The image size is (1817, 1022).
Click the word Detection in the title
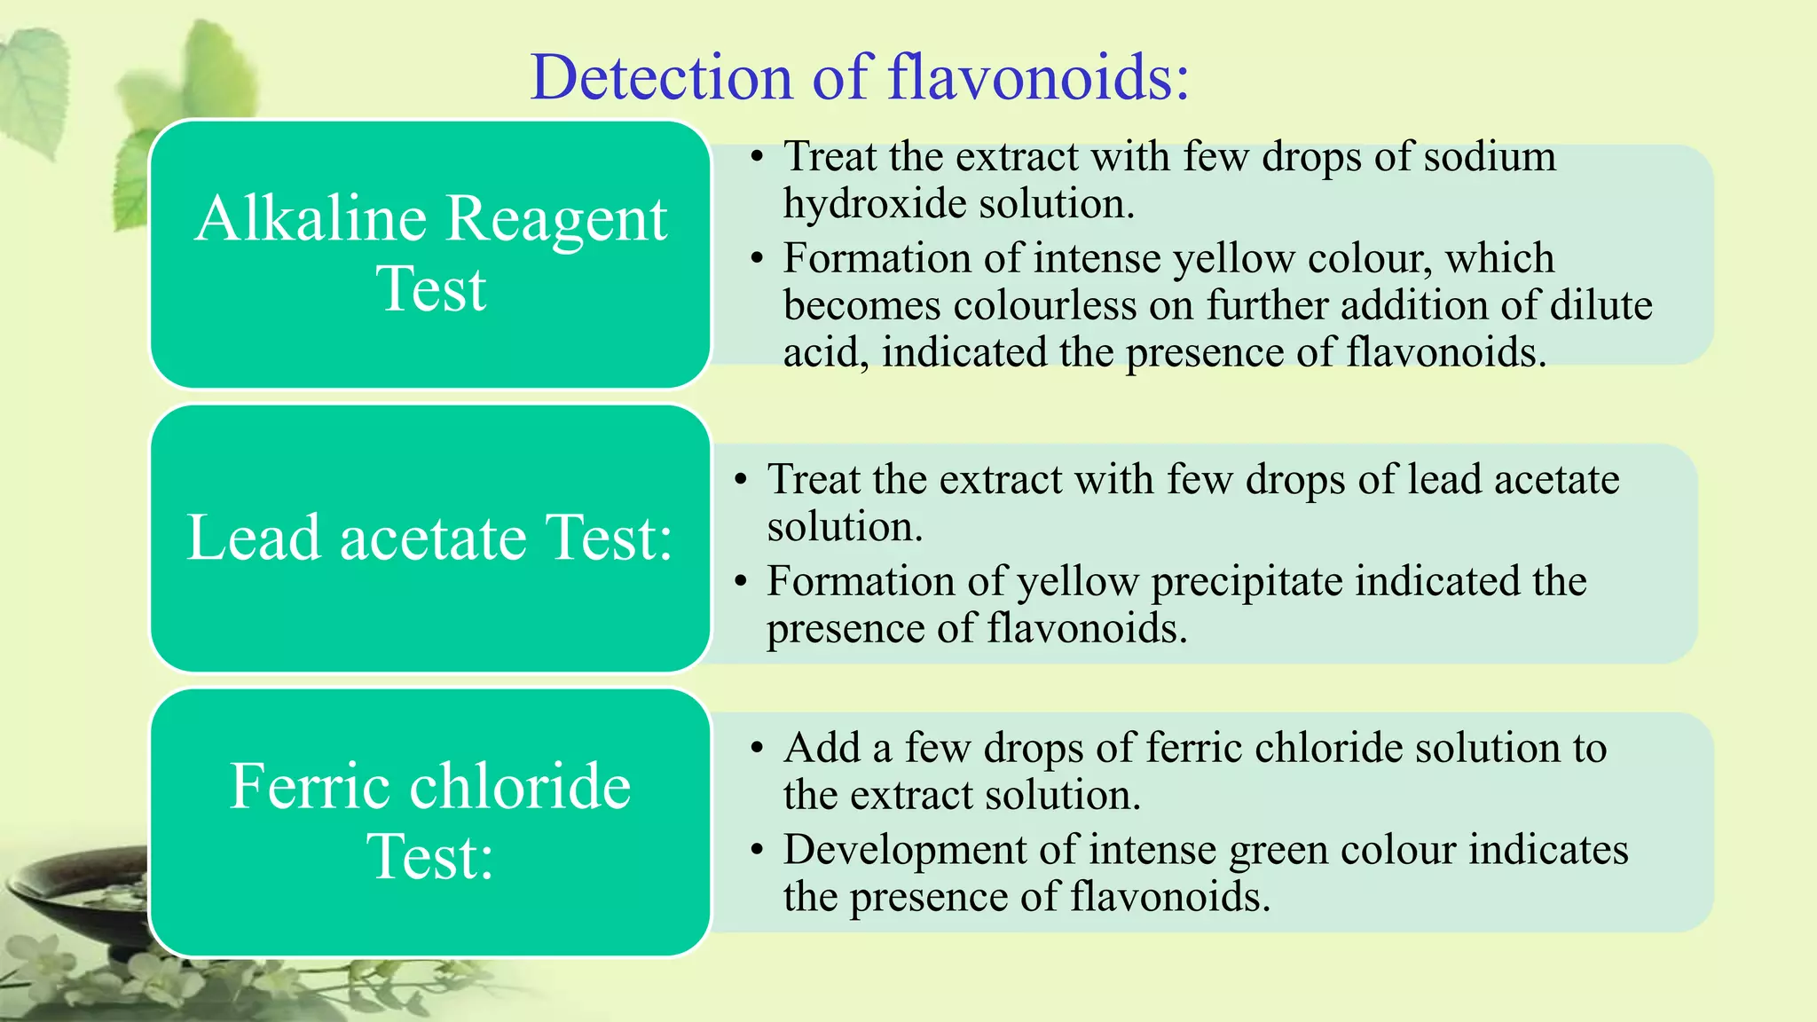(661, 78)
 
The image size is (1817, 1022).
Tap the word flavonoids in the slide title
(1038, 78)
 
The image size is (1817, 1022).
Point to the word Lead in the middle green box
(254, 538)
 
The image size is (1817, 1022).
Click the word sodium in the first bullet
(1490, 157)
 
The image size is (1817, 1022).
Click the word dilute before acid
(1601, 306)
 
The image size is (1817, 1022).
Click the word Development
(905, 850)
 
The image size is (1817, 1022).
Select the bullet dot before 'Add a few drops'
(756, 749)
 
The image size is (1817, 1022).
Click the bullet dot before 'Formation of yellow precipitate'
(741, 582)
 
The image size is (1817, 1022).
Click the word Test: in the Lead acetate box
(609, 538)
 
